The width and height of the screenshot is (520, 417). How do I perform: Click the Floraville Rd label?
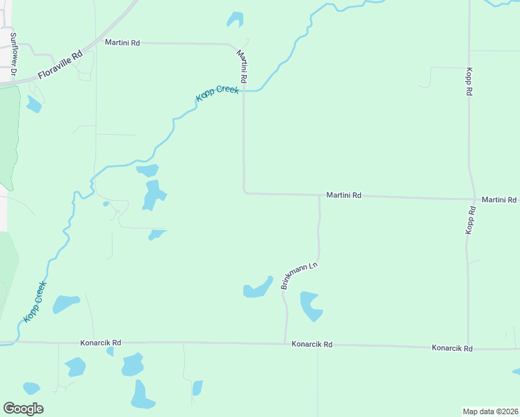click(60, 64)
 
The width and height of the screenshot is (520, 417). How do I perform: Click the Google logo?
click(23, 408)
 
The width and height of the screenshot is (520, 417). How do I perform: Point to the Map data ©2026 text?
click(490, 411)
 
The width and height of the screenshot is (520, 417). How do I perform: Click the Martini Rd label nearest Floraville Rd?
click(122, 42)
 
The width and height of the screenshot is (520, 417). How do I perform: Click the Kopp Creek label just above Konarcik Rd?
click(35, 301)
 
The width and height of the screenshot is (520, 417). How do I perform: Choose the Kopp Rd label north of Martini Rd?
click(470, 81)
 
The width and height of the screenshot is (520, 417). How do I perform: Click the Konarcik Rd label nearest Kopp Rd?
click(452, 347)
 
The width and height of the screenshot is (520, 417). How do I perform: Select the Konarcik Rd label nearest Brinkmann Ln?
click(312, 344)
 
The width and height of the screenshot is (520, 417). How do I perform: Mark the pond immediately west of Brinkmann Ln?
click(258, 288)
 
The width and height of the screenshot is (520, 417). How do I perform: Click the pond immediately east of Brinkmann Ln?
click(310, 306)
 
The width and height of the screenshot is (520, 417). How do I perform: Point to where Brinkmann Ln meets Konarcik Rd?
click(286, 343)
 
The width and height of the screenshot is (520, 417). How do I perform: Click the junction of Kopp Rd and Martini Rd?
click(473, 198)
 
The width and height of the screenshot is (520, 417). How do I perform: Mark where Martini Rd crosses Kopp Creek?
click(243, 91)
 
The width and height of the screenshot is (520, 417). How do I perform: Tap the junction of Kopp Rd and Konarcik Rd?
click(469, 347)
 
